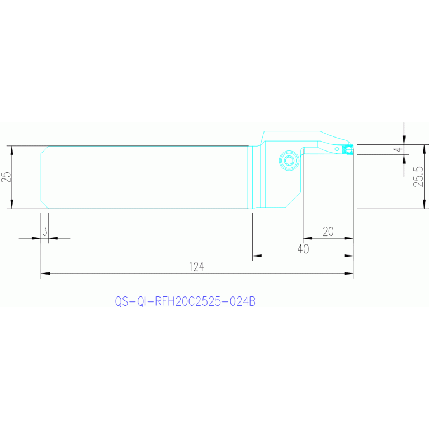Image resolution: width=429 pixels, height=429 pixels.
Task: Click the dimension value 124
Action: pyautogui.click(x=196, y=267)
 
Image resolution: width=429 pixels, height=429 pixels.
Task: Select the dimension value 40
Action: pyautogui.click(x=303, y=249)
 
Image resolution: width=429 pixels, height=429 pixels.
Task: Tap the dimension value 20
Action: pyautogui.click(x=328, y=232)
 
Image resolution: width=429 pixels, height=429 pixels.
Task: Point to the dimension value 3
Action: pyautogui.click(x=45, y=232)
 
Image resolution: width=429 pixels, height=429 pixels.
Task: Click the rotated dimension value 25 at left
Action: pyautogui.click(x=6, y=177)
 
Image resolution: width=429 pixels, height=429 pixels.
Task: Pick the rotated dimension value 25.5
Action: pyautogui.click(x=418, y=177)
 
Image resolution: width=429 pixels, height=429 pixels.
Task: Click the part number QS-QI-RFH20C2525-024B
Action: pyautogui.click(x=185, y=301)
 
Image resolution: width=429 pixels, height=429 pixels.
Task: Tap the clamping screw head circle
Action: pyautogui.click(x=289, y=161)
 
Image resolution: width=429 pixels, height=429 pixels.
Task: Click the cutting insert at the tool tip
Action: pyautogui.click(x=348, y=149)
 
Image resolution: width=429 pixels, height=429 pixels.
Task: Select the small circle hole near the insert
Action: pyautogui.click(x=337, y=149)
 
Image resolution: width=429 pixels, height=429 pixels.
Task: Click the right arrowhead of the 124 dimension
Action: pyautogui.click(x=349, y=274)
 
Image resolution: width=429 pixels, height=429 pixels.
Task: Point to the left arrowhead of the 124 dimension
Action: pyautogui.click(x=45, y=274)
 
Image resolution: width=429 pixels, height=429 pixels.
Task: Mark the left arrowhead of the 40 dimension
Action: pyautogui.click(x=257, y=256)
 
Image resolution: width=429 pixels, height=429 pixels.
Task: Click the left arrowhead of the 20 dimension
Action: pyautogui.click(x=308, y=238)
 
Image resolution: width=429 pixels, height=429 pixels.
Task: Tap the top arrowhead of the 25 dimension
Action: pyautogui.click(x=12, y=150)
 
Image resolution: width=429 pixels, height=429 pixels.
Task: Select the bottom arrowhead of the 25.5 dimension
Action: pyautogui.click(x=424, y=204)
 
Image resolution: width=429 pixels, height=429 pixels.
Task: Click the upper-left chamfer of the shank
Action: pyautogui.click(x=45, y=150)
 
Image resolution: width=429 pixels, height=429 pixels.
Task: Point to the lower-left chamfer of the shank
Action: pyautogui.click(x=45, y=205)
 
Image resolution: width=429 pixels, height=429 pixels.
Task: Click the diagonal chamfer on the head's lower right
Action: pyautogui.click(x=293, y=200)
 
